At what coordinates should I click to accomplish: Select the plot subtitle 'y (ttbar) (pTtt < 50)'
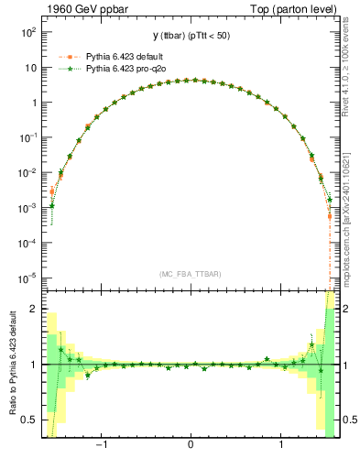pos(190,36)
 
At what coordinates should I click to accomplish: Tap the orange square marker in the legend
pos(64,56)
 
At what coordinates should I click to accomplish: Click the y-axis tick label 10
pos(29,68)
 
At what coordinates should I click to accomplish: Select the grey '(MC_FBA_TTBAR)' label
pos(190,274)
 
